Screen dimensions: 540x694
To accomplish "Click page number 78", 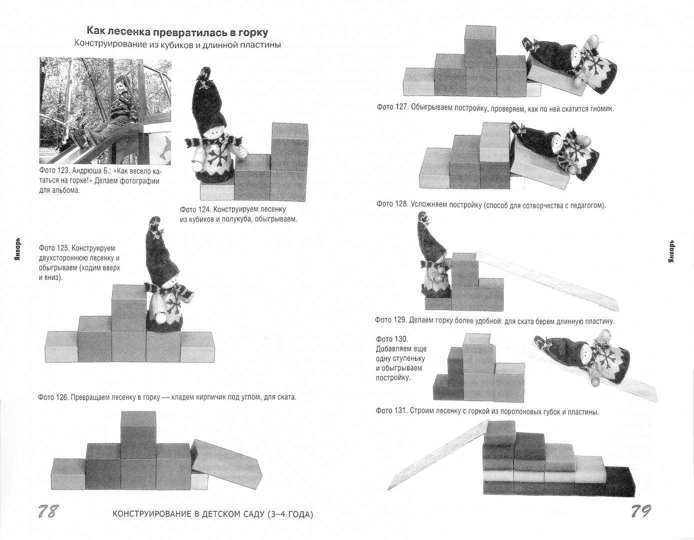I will [x=48, y=511].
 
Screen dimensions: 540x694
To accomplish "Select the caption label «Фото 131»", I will [x=391, y=411].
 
